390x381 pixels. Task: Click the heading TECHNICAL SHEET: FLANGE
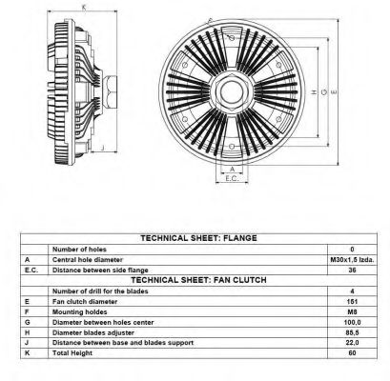coord(198,238)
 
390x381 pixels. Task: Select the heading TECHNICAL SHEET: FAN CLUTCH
coord(198,280)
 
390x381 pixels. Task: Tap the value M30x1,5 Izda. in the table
coord(352,260)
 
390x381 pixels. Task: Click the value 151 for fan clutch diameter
coord(352,301)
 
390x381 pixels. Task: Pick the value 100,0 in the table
coord(352,322)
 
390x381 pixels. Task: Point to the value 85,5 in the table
coord(352,332)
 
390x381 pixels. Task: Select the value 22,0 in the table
coord(352,343)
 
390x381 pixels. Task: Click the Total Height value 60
coord(352,352)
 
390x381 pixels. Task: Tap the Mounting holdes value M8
coord(352,311)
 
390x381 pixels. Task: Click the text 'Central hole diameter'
coord(88,260)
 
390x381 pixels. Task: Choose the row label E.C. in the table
coord(31,271)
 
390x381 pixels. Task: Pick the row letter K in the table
coord(28,352)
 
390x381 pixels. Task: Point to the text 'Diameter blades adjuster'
coord(93,332)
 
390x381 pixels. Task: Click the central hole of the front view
coord(232,92)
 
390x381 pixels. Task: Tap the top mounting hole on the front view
coord(232,38)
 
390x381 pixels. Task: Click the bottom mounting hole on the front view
coord(232,147)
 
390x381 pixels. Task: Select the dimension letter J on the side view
coord(102,147)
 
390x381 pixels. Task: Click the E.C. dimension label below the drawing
coord(232,178)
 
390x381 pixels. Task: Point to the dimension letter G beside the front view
coord(324,92)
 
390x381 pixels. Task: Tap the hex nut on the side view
coord(111,92)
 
